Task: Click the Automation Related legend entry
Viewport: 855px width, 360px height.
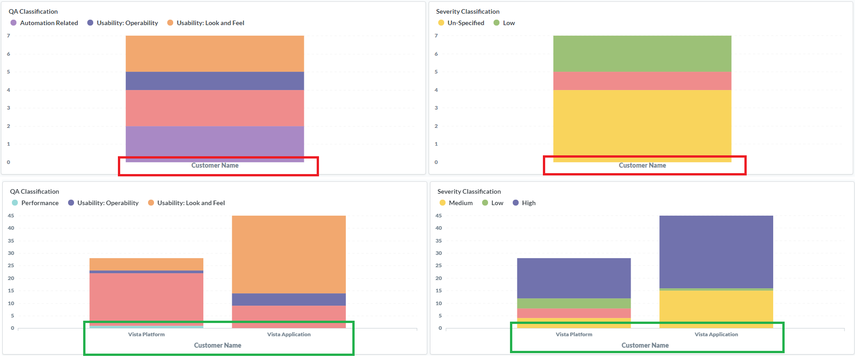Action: click(49, 23)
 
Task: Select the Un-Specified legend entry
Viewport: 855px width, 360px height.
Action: click(465, 23)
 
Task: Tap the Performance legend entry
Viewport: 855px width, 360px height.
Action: click(40, 203)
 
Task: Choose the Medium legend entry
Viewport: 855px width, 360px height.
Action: click(460, 203)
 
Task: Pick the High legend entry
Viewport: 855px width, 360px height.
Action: click(528, 203)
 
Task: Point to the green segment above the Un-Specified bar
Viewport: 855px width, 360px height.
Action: click(642, 53)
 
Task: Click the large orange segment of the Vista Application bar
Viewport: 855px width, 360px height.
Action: click(289, 254)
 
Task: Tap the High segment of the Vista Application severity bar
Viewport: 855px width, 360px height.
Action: click(716, 251)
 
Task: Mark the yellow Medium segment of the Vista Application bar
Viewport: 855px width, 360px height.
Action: click(716, 308)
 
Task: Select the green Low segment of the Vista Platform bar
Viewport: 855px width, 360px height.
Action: click(574, 303)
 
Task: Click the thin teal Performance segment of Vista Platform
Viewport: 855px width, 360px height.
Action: click(146, 327)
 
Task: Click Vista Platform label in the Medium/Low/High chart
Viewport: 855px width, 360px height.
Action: click(574, 334)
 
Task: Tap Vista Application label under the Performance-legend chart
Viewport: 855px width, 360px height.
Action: click(289, 334)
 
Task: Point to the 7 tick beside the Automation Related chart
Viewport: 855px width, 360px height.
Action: click(8, 36)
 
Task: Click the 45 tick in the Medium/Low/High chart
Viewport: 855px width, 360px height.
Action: click(439, 216)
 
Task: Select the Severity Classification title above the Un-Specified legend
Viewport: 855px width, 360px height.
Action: click(467, 11)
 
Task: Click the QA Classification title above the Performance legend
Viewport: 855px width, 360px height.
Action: click(35, 191)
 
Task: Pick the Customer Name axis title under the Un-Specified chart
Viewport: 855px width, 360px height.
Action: click(642, 165)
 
